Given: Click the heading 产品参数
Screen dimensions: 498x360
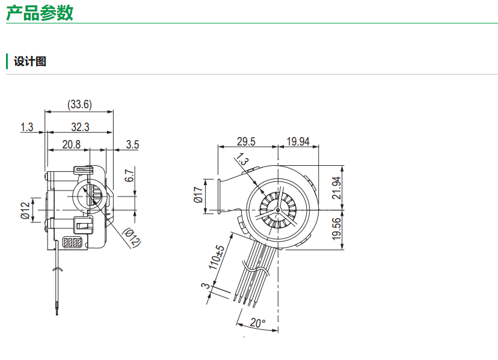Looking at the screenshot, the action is [40, 13].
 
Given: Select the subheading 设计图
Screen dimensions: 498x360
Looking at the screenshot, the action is [30, 61].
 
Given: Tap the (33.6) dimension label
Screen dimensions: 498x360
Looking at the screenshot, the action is [79, 104].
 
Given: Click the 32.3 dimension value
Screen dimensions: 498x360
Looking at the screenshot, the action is [80, 127].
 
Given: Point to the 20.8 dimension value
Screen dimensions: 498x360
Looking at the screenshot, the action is [72, 144].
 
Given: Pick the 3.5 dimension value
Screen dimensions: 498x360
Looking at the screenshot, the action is [132, 144].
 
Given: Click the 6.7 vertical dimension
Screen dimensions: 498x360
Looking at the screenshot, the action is [129, 175].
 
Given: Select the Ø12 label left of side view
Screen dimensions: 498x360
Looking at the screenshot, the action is [25, 210].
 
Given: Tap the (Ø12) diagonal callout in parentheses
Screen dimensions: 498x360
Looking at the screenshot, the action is [132, 237].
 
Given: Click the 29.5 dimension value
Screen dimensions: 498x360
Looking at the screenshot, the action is [246, 142].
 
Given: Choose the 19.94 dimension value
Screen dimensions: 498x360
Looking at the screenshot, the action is [298, 142].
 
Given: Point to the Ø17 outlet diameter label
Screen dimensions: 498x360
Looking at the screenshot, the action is [198, 195].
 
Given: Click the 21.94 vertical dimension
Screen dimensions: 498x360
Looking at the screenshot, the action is [336, 188].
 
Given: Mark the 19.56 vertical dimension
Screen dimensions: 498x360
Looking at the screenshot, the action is [336, 229].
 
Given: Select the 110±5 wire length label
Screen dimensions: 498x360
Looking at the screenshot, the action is [217, 257].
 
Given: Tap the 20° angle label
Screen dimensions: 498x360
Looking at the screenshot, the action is [257, 323].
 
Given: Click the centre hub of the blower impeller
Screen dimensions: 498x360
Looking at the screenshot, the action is [278, 210].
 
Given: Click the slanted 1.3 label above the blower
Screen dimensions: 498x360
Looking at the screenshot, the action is [242, 159].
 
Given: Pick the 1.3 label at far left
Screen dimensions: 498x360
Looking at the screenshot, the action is [26, 127].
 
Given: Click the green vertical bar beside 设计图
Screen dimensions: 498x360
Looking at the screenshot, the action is [7, 61].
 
